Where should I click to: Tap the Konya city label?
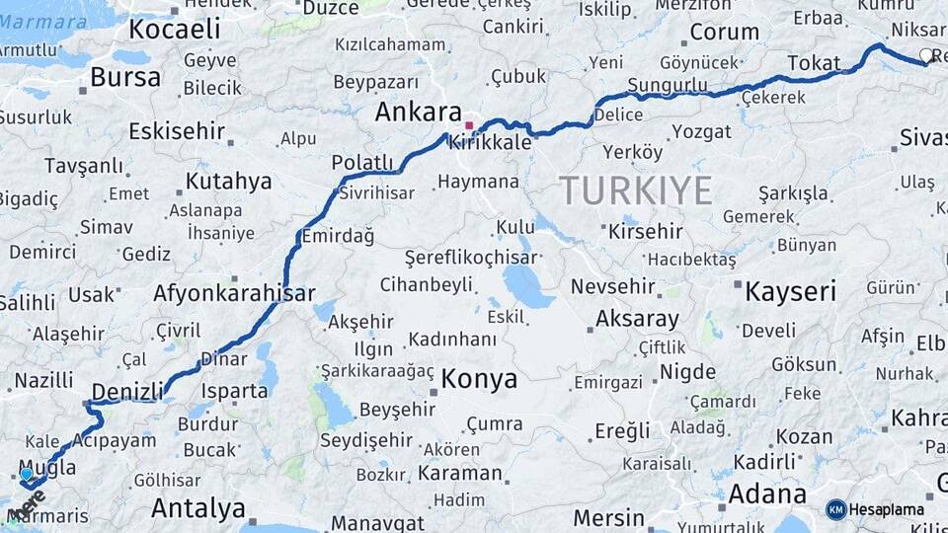click(479, 379)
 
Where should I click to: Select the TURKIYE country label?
click(635, 190)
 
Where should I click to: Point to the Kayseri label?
click(790, 291)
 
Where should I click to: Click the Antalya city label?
click(197, 509)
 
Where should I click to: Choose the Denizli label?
click(126, 392)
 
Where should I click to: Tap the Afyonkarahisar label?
click(234, 293)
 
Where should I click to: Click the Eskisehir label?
click(176, 130)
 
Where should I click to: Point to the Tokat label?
click(813, 63)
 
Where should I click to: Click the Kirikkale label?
click(491, 142)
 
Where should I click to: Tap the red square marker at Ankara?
click(469, 125)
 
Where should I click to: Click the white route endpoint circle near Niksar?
click(926, 55)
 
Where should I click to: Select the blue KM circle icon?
click(835, 509)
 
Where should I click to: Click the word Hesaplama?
click(887, 510)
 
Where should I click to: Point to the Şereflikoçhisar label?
click(471, 257)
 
